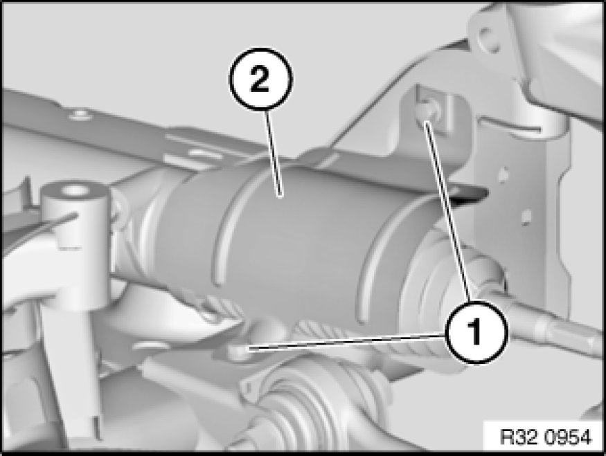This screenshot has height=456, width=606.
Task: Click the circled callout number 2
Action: tap(261, 79)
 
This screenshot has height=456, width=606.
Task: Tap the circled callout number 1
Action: tap(476, 332)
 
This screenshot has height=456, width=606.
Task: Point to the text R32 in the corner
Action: tap(521, 437)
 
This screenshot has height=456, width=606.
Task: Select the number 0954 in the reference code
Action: tap(570, 437)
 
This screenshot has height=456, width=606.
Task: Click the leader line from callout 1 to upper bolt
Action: tap(447, 211)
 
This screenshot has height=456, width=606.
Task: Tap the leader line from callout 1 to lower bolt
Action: tap(348, 342)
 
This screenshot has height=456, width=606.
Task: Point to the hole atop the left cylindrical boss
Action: tap(74, 190)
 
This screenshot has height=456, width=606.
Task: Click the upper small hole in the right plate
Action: tap(503, 174)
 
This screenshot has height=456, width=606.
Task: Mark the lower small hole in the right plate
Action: tap(525, 218)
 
